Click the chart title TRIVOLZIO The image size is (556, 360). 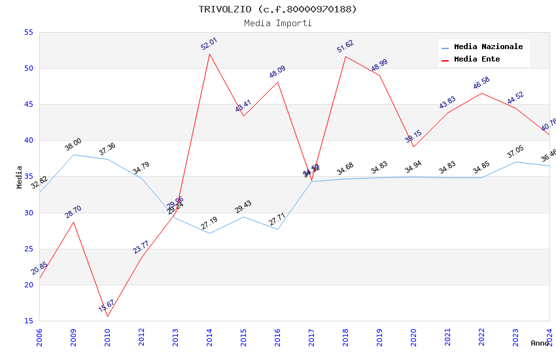coord(278,9)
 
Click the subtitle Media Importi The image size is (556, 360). coord(278,23)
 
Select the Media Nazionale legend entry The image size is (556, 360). coord(488,46)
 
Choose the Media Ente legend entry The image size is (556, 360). coord(477,59)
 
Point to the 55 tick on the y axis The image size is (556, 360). coord(28,32)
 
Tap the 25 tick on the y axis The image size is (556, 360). coord(28,249)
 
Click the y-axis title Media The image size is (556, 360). coord(20,177)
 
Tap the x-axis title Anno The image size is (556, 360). coord(540,343)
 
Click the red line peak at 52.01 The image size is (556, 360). coord(209,54)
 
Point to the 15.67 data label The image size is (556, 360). coord(107,305)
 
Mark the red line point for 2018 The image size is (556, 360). coord(345,56)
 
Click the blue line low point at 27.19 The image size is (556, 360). coord(209,233)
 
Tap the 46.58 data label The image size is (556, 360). coord(481,83)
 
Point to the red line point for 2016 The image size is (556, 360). coord(277,82)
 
